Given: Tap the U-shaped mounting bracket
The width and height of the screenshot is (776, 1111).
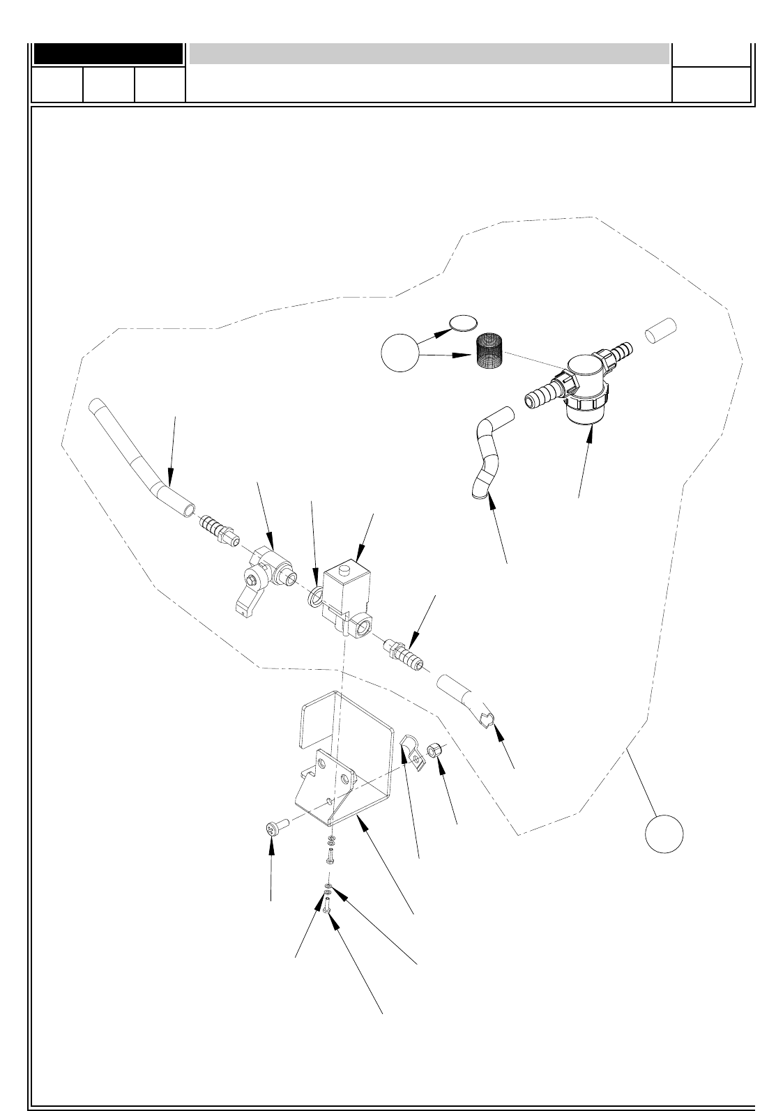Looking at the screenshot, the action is click(x=335, y=760).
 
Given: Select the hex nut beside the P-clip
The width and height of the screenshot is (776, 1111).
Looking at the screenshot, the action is click(x=434, y=751).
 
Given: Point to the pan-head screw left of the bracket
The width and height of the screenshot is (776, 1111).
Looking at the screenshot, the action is click(x=273, y=829).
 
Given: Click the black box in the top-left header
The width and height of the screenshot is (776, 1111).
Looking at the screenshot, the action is click(x=108, y=54).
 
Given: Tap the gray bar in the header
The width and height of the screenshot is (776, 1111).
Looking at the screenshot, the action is click(x=429, y=54).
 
